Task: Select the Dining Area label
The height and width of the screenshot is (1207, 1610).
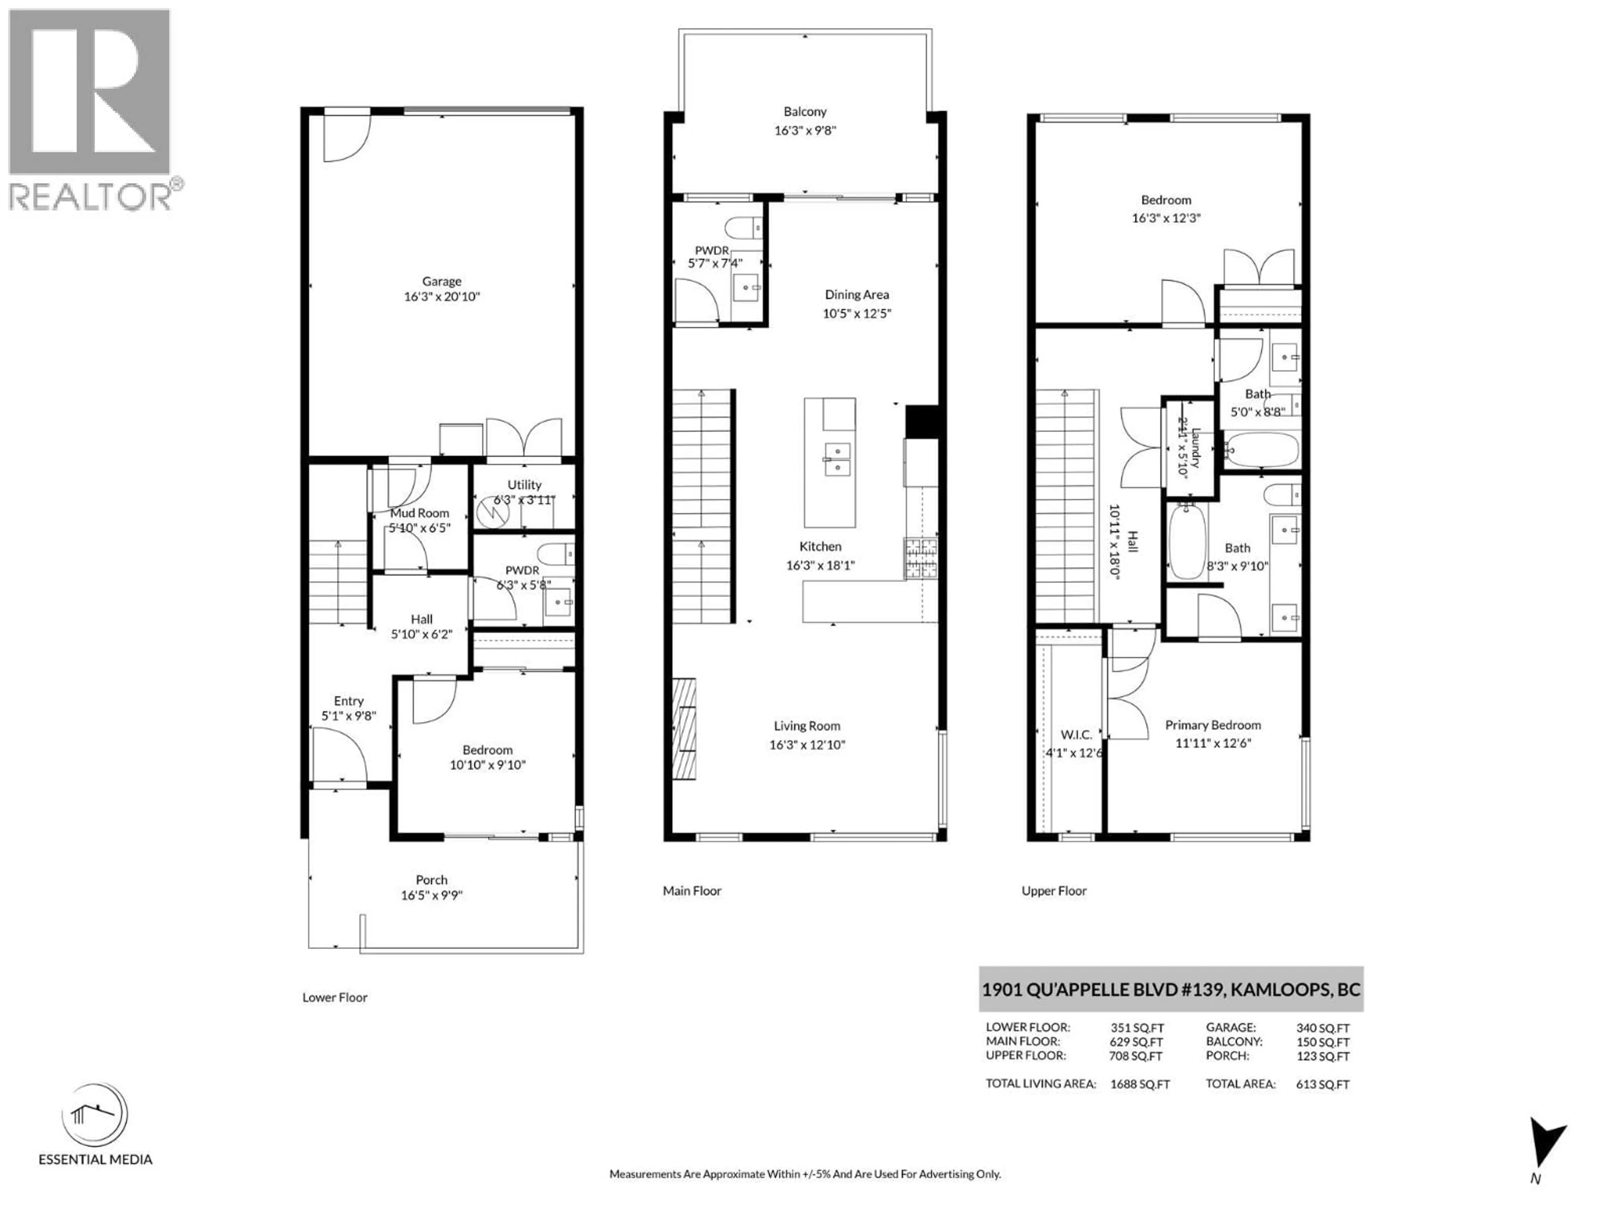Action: [x=857, y=295]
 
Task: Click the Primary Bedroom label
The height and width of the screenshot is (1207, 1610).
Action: [x=1213, y=725]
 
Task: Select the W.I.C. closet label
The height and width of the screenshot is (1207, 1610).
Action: [x=1076, y=735]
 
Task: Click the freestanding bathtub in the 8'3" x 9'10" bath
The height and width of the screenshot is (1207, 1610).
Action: [x=1187, y=541]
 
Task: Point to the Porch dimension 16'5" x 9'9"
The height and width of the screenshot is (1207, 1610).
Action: [x=431, y=895]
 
